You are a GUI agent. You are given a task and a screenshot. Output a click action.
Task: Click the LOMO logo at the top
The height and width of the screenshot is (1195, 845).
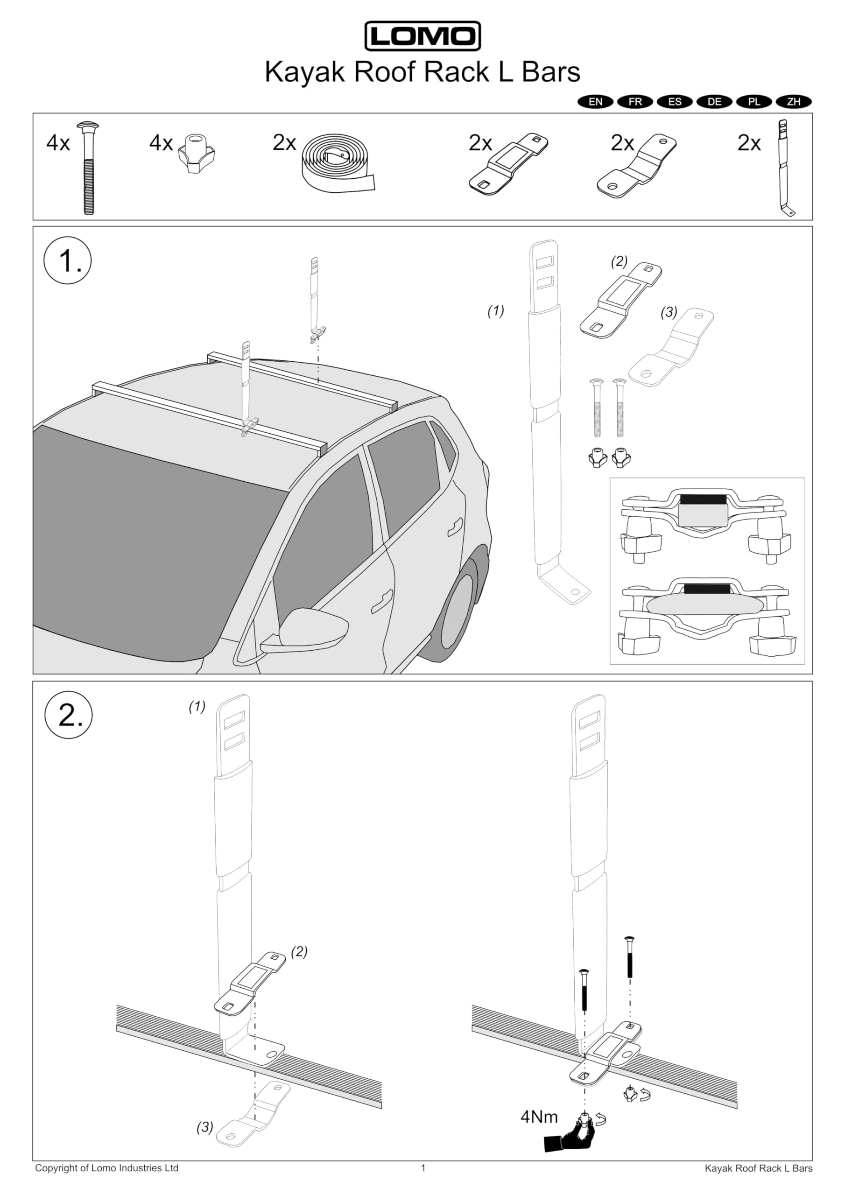click(422, 36)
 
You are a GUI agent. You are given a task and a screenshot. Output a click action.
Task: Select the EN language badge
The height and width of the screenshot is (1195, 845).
click(596, 101)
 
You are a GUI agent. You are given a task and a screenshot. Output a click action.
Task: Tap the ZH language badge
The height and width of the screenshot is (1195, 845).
click(794, 101)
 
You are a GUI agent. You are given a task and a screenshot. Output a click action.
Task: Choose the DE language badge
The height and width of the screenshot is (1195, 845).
click(714, 101)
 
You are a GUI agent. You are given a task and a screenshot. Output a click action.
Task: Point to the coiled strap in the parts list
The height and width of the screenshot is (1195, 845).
click(338, 164)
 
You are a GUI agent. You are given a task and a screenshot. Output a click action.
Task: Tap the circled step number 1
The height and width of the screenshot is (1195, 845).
click(68, 260)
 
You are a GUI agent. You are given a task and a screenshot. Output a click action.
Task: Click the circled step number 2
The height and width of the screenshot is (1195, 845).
click(69, 715)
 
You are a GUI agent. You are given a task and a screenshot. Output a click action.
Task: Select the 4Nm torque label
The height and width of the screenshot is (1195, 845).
click(539, 1117)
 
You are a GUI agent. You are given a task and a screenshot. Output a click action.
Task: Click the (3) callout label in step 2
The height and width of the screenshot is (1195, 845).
click(204, 1127)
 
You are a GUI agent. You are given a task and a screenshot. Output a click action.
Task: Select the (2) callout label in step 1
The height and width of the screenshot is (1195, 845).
click(619, 261)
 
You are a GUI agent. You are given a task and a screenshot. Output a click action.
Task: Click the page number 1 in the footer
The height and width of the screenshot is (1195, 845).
click(423, 1168)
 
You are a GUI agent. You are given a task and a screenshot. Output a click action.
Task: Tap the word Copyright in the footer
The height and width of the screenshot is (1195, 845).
click(56, 1168)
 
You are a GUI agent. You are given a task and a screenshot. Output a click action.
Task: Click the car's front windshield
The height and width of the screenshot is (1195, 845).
click(156, 541)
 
